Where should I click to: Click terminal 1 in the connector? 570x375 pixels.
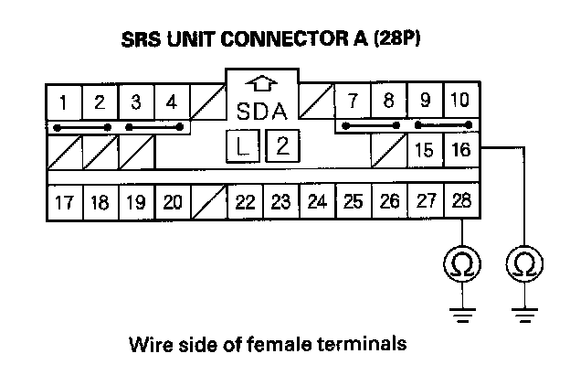click(63, 101)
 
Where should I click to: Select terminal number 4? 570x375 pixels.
click(172, 101)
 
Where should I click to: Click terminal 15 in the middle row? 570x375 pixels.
click(425, 150)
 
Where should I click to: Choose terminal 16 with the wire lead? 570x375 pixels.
click(461, 150)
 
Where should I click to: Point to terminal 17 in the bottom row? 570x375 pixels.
click(63, 201)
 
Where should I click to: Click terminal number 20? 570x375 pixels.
click(172, 201)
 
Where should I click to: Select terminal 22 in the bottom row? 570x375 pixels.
click(245, 201)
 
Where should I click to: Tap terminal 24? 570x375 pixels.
click(317, 201)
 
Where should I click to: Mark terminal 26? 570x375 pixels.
click(389, 201)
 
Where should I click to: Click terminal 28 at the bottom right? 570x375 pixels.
click(461, 201)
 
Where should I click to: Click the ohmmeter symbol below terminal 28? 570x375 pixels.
click(462, 265)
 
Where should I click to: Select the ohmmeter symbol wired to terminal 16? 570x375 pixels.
click(525, 265)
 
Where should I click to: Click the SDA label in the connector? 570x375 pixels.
click(263, 112)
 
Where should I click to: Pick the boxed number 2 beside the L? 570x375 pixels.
click(282, 145)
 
